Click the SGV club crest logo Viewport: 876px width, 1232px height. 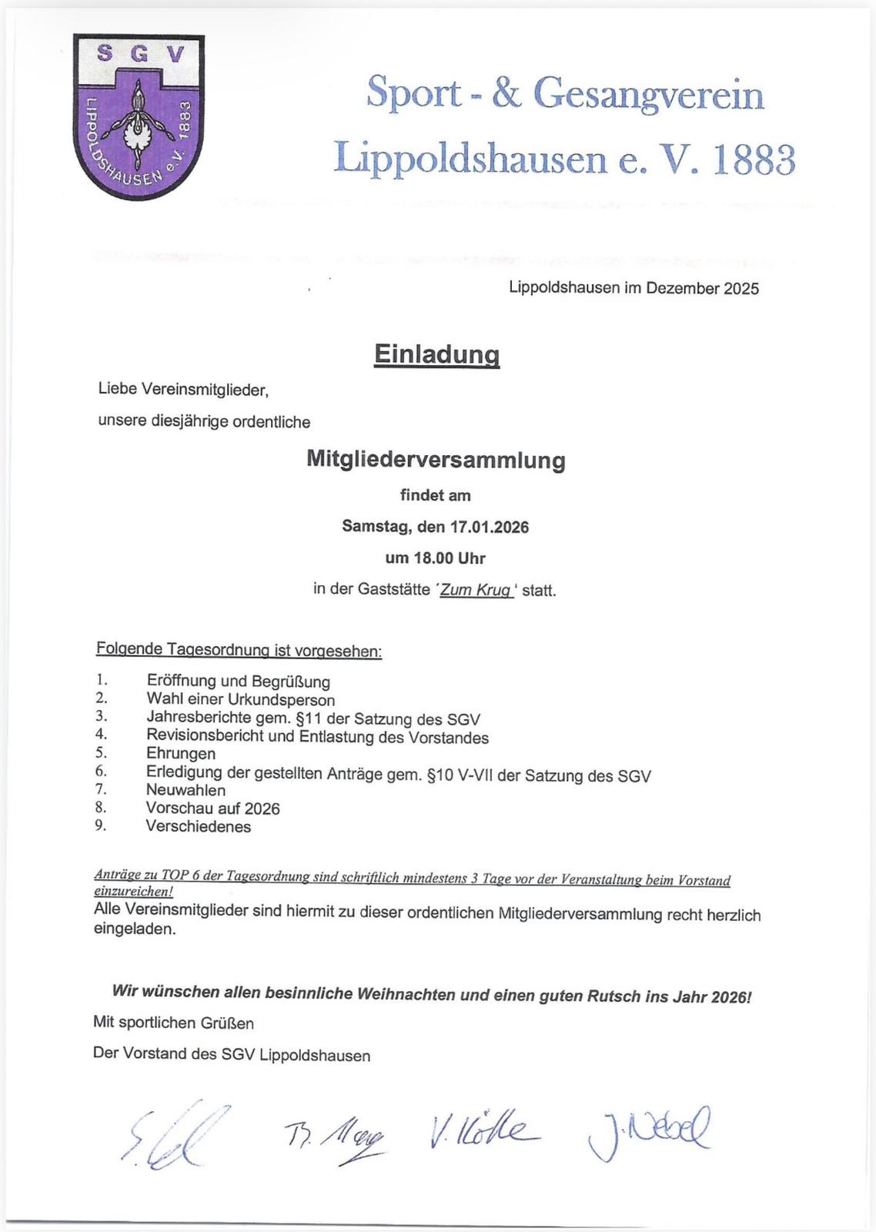[139, 116]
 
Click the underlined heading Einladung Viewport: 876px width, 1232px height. [436, 354]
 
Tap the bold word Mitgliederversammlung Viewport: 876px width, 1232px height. [436, 460]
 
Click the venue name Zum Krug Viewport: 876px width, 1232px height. [476, 591]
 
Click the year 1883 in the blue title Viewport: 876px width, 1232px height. [754, 159]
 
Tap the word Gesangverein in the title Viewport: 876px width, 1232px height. [648, 95]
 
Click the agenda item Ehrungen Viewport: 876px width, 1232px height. [181, 753]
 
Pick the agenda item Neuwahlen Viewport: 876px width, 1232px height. [186, 790]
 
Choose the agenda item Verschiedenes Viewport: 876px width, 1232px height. [198, 827]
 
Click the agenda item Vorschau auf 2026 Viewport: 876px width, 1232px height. [212, 808]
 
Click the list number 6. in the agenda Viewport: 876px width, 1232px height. [101, 771]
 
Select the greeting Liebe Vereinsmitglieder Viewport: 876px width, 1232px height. [183, 390]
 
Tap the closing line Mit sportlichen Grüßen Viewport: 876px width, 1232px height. [173, 1023]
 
